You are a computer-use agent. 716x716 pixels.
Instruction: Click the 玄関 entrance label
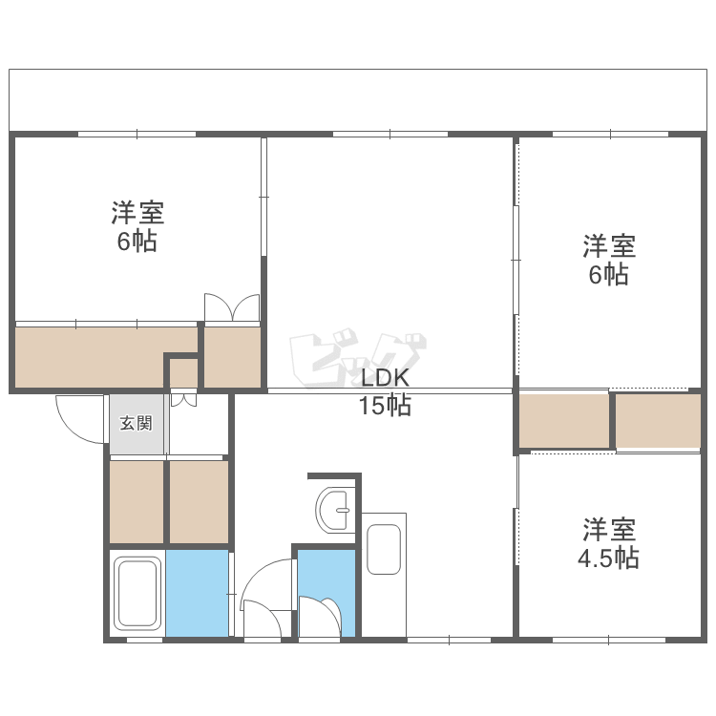(x=136, y=423)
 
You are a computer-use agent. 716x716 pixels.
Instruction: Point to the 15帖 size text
(x=385, y=406)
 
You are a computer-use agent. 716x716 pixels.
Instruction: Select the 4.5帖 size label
(x=608, y=558)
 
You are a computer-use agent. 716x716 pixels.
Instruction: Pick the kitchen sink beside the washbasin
(x=385, y=546)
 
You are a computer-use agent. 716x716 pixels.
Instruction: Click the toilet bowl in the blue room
(x=322, y=616)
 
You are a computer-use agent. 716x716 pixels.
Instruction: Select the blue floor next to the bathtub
(x=198, y=593)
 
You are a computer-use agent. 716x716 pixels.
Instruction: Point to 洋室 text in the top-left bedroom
(x=137, y=211)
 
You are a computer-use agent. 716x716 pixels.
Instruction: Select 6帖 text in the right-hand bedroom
(x=608, y=275)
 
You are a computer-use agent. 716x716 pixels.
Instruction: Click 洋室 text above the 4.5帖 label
(x=609, y=528)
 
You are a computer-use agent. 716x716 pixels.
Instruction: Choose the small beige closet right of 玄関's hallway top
(x=232, y=356)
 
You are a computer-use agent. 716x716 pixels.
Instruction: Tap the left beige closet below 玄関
(x=137, y=501)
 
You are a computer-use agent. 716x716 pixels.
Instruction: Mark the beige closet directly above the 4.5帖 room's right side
(x=658, y=420)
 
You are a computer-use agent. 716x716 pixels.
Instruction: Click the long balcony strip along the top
(x=358, y=99)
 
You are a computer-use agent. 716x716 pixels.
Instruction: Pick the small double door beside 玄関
(x=183, y=398)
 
